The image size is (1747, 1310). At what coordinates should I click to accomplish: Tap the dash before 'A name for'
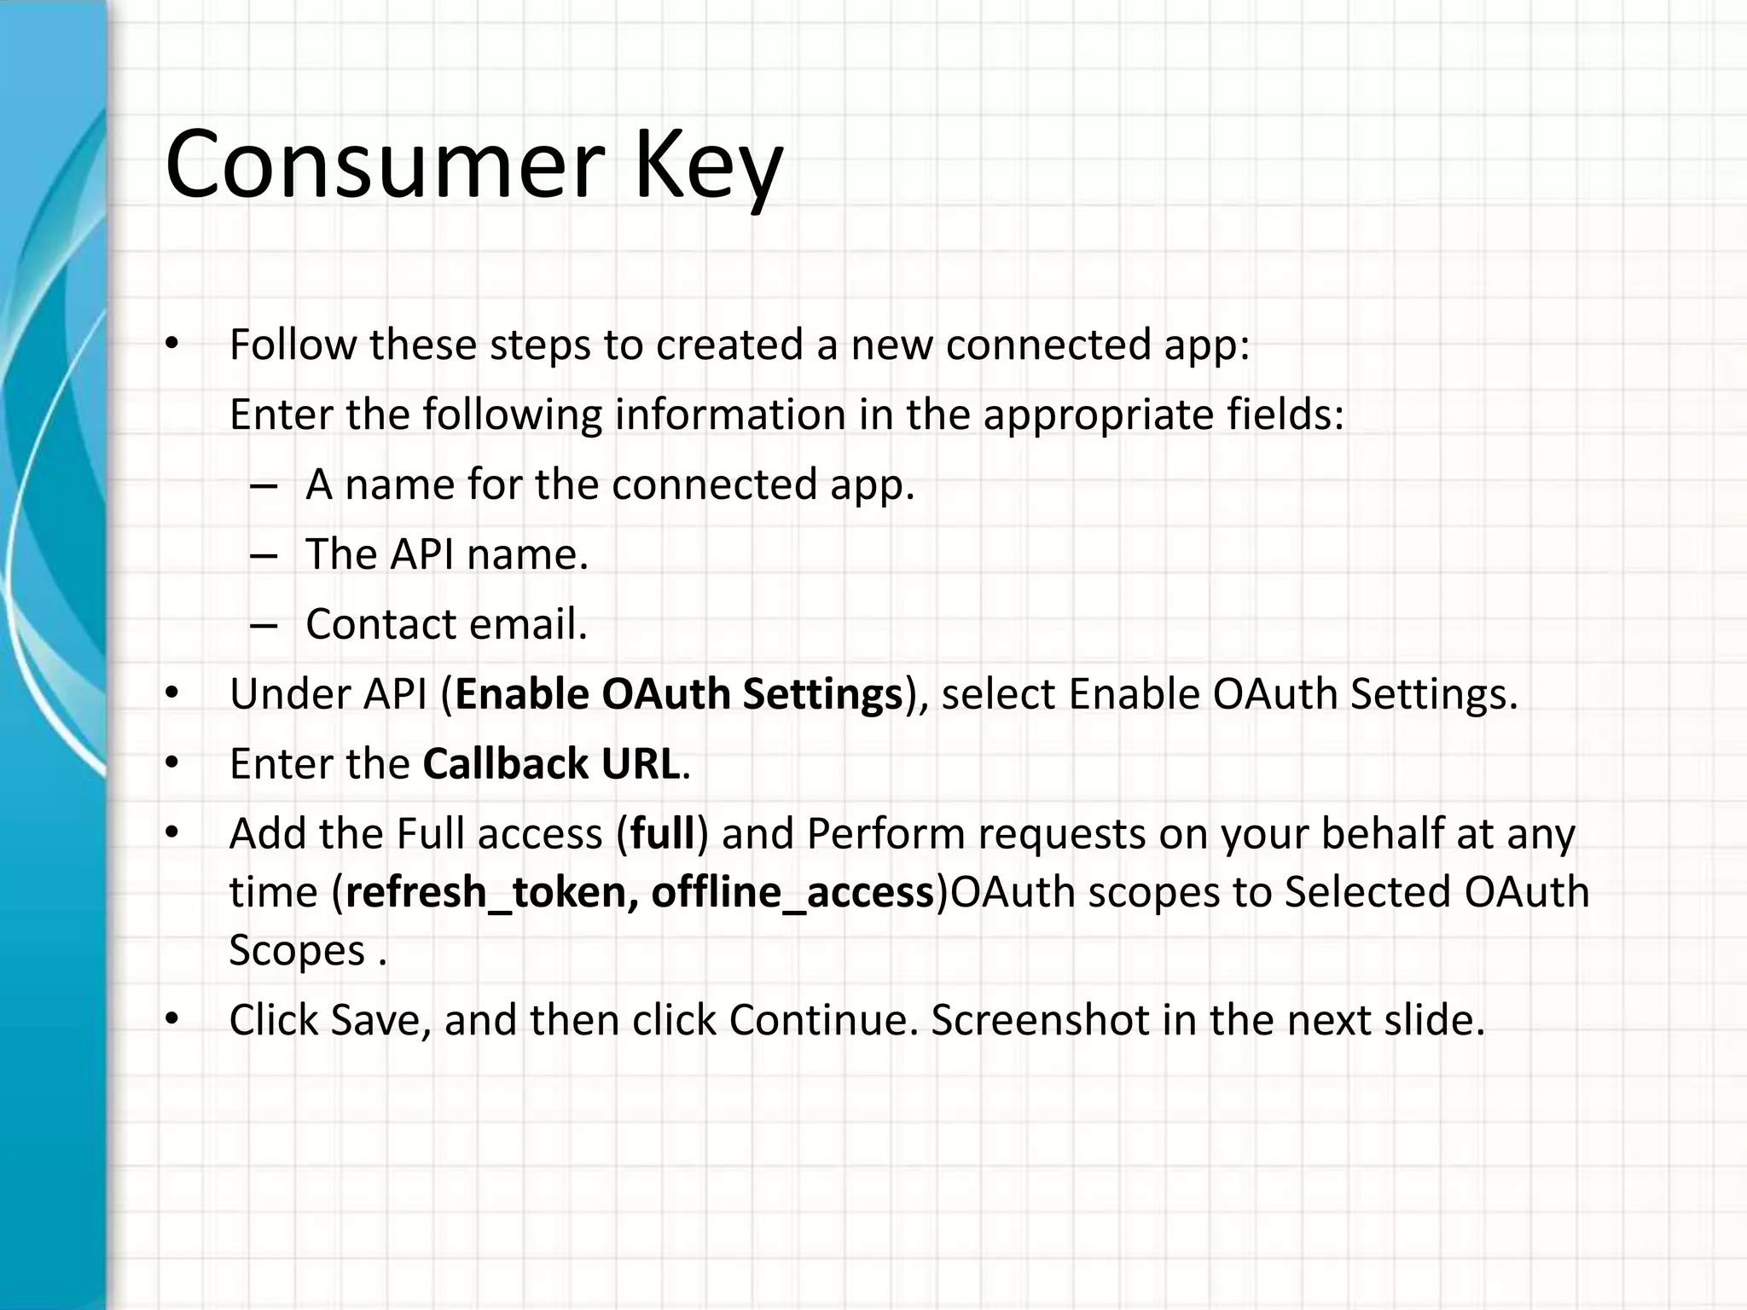pyautogui.click(x=264, y=485)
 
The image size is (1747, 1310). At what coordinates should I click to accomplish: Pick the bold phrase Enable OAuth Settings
pyautogui.click(x=679, y=694)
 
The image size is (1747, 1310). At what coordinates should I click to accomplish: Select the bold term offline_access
pyautogui.click(x=792, y=893)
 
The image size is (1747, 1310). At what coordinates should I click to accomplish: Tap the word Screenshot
pyautogui.click(x=1039, y=1020)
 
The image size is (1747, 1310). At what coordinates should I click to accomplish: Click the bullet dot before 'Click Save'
pyautogui.click(x=173, y=1019)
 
